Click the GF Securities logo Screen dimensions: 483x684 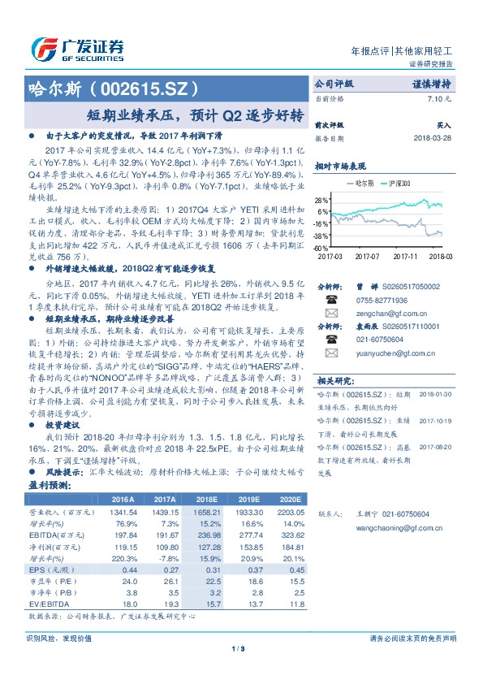tap(77, 50)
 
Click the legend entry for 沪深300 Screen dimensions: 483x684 tap(397, 184)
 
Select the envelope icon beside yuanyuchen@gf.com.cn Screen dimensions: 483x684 tap(331, 353)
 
